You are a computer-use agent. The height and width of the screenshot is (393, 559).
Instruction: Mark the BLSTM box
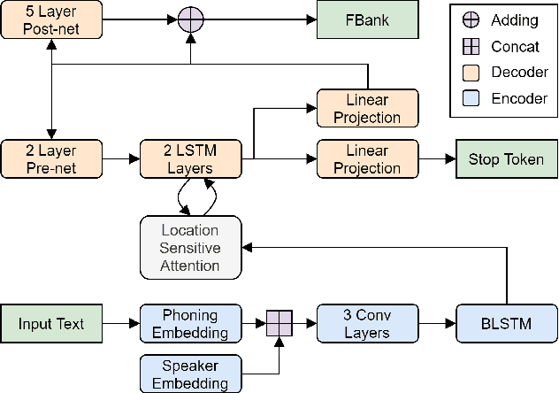pos(507,323)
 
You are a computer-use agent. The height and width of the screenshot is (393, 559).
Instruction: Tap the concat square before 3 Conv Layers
pos(279,323)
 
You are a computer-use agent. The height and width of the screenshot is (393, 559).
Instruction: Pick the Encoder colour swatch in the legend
pos(471,99)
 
